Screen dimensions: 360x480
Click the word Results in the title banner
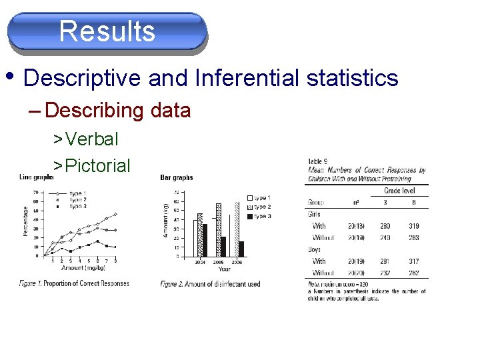pyautogui.click(x=107, y=31)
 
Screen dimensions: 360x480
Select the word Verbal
pyautogui.click(x=92, y=139)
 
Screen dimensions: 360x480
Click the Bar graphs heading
pyautogui.click(x=177, y=177)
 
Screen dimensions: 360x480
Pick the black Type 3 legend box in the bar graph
pyautogui.click(x=249, y=217)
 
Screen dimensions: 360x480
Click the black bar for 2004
pyautogui.click(x=205, y=240)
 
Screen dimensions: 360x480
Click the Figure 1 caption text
pyautogui.click(x=73, y=283)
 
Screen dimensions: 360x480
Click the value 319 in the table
pyautogui.click(x=414, y=226)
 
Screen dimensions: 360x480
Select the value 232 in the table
pyautogui.click(x=385, y=273)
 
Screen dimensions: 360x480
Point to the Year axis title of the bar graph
pyautogui.click(x=224, y=269)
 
